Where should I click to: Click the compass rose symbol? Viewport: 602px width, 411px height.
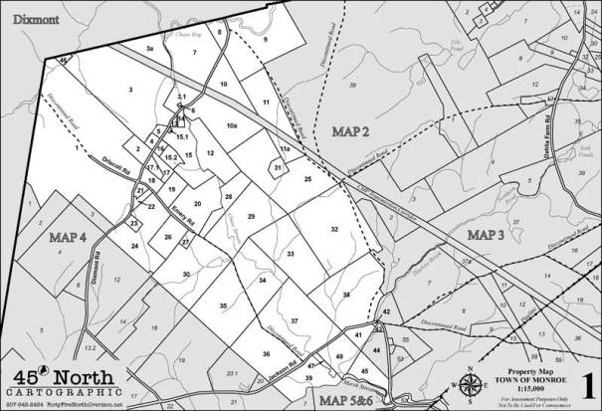[x=470, y=384]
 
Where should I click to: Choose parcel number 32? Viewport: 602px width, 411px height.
[x=335, y=230]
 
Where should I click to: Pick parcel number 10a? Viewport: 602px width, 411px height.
[x=232, y=126]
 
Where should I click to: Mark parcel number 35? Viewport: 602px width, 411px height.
[x=224, y=306]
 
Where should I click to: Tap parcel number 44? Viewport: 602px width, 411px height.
[x=375, y=349]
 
